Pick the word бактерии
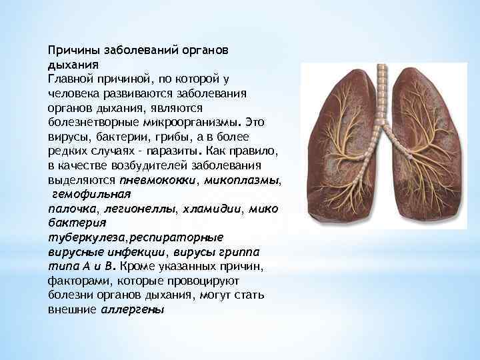tap(107, 136)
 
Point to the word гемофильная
tap(91, 194)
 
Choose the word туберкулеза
tap(87, 237)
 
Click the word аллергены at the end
tap(133, 310)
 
